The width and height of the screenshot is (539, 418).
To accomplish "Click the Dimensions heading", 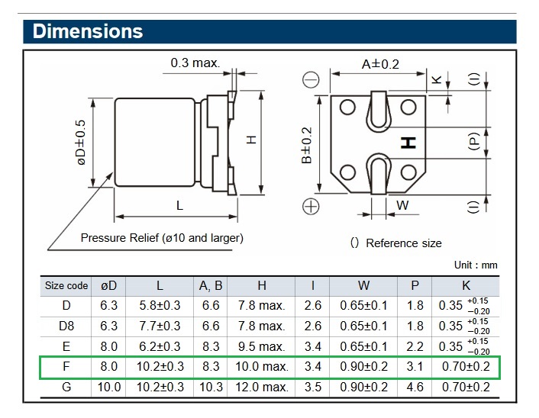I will [88, 31].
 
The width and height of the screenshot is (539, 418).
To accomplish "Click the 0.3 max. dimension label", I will [195, 63].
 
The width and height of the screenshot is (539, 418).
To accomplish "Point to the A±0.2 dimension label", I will [379, 64].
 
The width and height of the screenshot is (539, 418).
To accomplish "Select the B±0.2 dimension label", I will [307, 145].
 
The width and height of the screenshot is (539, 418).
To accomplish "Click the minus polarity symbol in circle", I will [311, 79].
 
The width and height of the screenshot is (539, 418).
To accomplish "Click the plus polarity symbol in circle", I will [311, 206].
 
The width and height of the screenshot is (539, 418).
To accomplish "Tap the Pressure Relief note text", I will [162, 237].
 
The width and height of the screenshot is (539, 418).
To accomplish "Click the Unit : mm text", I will [475, 265].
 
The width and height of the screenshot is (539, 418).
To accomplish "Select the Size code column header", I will [66, 285].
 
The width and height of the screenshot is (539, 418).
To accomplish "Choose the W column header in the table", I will [363, 285].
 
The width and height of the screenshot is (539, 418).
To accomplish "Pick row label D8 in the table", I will [66, 326].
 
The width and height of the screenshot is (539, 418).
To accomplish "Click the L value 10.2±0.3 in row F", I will [160, 367].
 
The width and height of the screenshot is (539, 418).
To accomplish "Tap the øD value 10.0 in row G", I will [109, 387].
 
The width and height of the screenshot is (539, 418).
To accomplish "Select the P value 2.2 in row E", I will [415, 346].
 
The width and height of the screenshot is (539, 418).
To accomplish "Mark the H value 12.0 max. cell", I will [261, 387].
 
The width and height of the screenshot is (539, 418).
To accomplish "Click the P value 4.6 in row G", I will [415, 387].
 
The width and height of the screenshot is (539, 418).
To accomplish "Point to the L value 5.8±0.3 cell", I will [160, 305].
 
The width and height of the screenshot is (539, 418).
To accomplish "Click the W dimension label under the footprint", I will [402, 204].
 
